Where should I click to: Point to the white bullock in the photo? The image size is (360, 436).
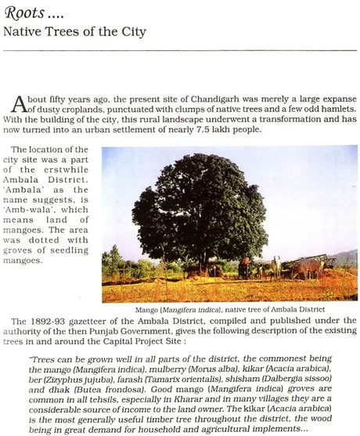(x=275, y=265)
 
